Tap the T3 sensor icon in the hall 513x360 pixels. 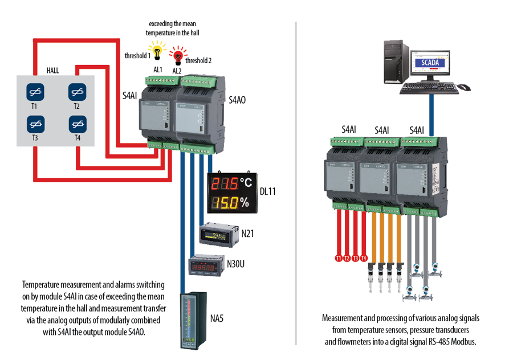coord(35,123)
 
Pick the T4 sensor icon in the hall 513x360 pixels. coord(77,123)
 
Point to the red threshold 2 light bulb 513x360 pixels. coord(177,56)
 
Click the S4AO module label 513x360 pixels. coord(237,100)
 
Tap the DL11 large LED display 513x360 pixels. coord(232,193)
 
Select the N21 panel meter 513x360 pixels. coord(217,234)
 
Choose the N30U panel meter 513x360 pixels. coord(206,265)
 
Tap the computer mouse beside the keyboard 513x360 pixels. coord(464,87)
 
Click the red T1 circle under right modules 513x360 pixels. coord(339,258)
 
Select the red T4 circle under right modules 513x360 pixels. coord(364,258)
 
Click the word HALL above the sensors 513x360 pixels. coord(54,71)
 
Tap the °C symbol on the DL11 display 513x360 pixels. coord(246,182)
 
